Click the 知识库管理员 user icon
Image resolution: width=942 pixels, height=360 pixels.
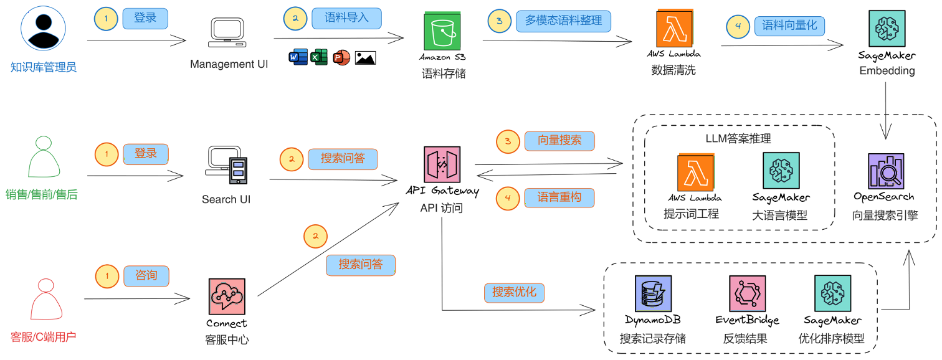43,28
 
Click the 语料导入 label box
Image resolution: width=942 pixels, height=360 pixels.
346,18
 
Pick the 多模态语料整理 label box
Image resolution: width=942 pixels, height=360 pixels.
563,21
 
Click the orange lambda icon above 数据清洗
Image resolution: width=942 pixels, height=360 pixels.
675,28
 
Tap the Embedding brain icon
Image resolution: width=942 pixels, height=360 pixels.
887,28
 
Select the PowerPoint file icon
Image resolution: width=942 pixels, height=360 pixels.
341,58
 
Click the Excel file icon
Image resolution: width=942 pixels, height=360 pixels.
319,58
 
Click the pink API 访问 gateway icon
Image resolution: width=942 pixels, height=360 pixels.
442,165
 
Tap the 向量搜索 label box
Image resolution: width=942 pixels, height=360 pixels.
559,141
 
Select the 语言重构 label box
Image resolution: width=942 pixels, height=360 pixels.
559,197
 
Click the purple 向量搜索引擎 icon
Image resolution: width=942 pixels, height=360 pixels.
885,172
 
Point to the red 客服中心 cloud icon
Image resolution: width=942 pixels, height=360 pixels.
227,296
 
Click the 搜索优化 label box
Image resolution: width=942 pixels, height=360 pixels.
514,292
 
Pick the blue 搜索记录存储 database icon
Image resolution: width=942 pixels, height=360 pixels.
652,293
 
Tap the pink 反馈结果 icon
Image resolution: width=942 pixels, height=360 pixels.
747,293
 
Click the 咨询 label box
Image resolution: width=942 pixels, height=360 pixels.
146,275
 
